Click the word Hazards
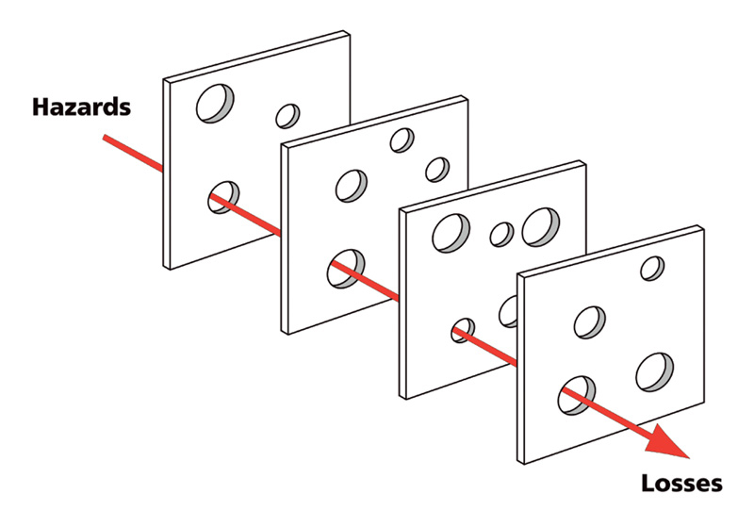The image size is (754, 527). pyautogui.click(x=81, y=107)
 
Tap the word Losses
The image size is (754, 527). pyautogui.click(x=681, y=483)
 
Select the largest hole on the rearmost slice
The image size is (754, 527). pyautogui.click(x=215, y=104)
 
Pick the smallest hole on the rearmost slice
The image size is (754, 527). pyautogui.click(x=287, y=116)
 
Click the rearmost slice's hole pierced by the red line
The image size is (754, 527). pyautogui.click(x=223, y=197)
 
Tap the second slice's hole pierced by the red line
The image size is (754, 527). pyautogui.click(x=346, y=269)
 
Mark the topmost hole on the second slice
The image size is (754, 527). pyautogui.click(x=402, y=140)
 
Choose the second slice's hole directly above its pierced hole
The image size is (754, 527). pyautogui.click(x=352, y=186)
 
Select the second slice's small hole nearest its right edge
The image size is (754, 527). pyautogui.click(x=437, y=170)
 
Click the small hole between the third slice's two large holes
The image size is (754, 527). pyautogui.click(x=501, y=234)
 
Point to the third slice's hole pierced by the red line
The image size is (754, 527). pyautogui.click(x=463, y=330)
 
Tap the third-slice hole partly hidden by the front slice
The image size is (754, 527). pyautogui.click(x=508, y=312)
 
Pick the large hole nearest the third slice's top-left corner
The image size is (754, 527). pyautogui.click(x=451, y=233)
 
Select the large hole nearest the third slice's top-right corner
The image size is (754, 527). pyautogui.click(x=540, y=227)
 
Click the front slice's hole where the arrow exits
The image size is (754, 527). pyautogui.click(x=577, y=396)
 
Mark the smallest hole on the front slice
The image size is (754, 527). pyautogui.click(x=652, y=269)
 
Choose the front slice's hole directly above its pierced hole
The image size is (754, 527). pyautogui.click(x=590, y=322)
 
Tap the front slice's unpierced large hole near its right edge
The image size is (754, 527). pyautogui.click(x=654, y=372)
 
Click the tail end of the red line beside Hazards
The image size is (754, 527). pyautogui.click(x=105, y=138)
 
